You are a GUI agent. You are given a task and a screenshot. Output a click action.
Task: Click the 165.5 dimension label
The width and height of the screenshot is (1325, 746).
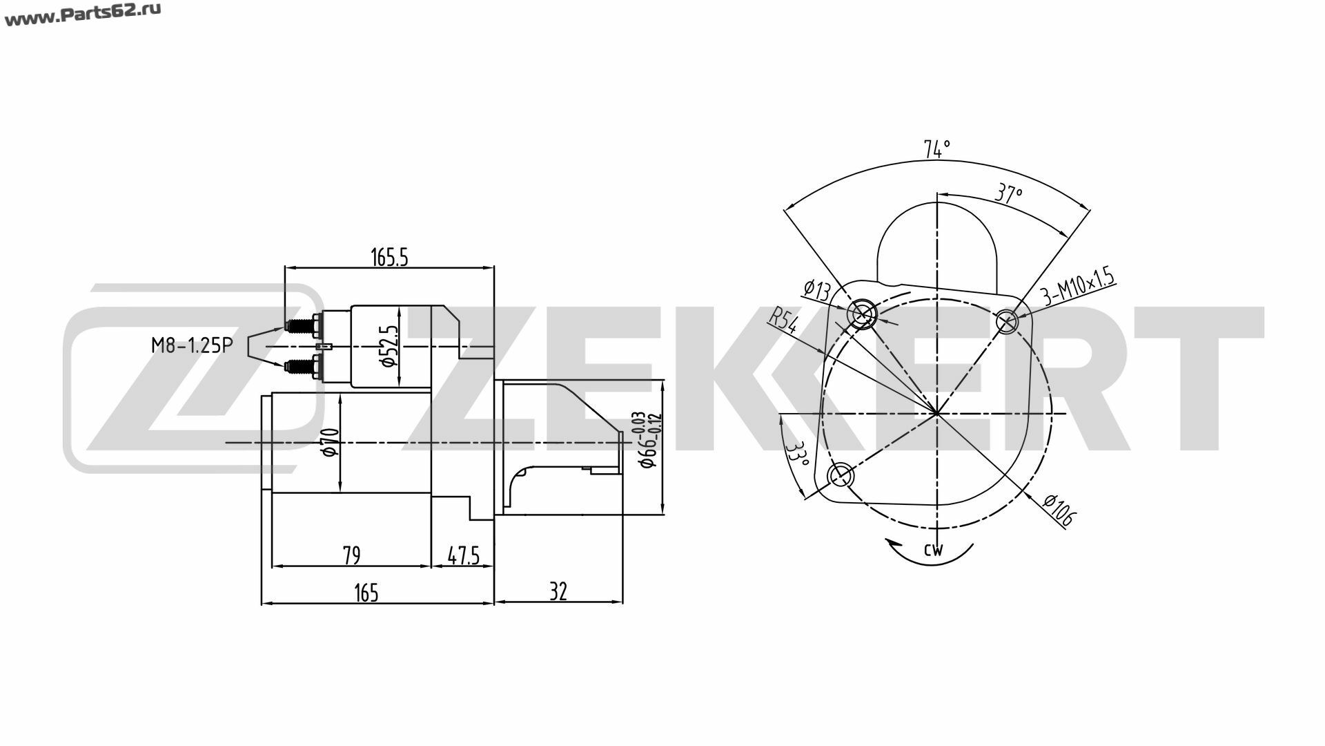click(x=390, y=257)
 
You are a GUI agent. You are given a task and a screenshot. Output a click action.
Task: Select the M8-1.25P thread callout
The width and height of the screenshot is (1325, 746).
click(x=191, y=345)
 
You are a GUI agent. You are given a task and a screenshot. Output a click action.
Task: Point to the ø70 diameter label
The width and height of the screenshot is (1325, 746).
click(x=330, y=441)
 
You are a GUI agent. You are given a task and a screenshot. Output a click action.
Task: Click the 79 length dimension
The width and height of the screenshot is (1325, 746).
click(x=351, y=555)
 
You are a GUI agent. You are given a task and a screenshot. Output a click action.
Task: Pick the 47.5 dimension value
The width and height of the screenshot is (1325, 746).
click(x=463, y=555)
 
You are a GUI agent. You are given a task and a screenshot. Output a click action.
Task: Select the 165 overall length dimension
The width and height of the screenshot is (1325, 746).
click(x=366, y=593)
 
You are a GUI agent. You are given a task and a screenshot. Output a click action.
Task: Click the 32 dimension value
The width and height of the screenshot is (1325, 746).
click(x=558, y=592)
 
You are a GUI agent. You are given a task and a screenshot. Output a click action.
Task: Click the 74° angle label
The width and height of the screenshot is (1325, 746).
click(x=937, y=149)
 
